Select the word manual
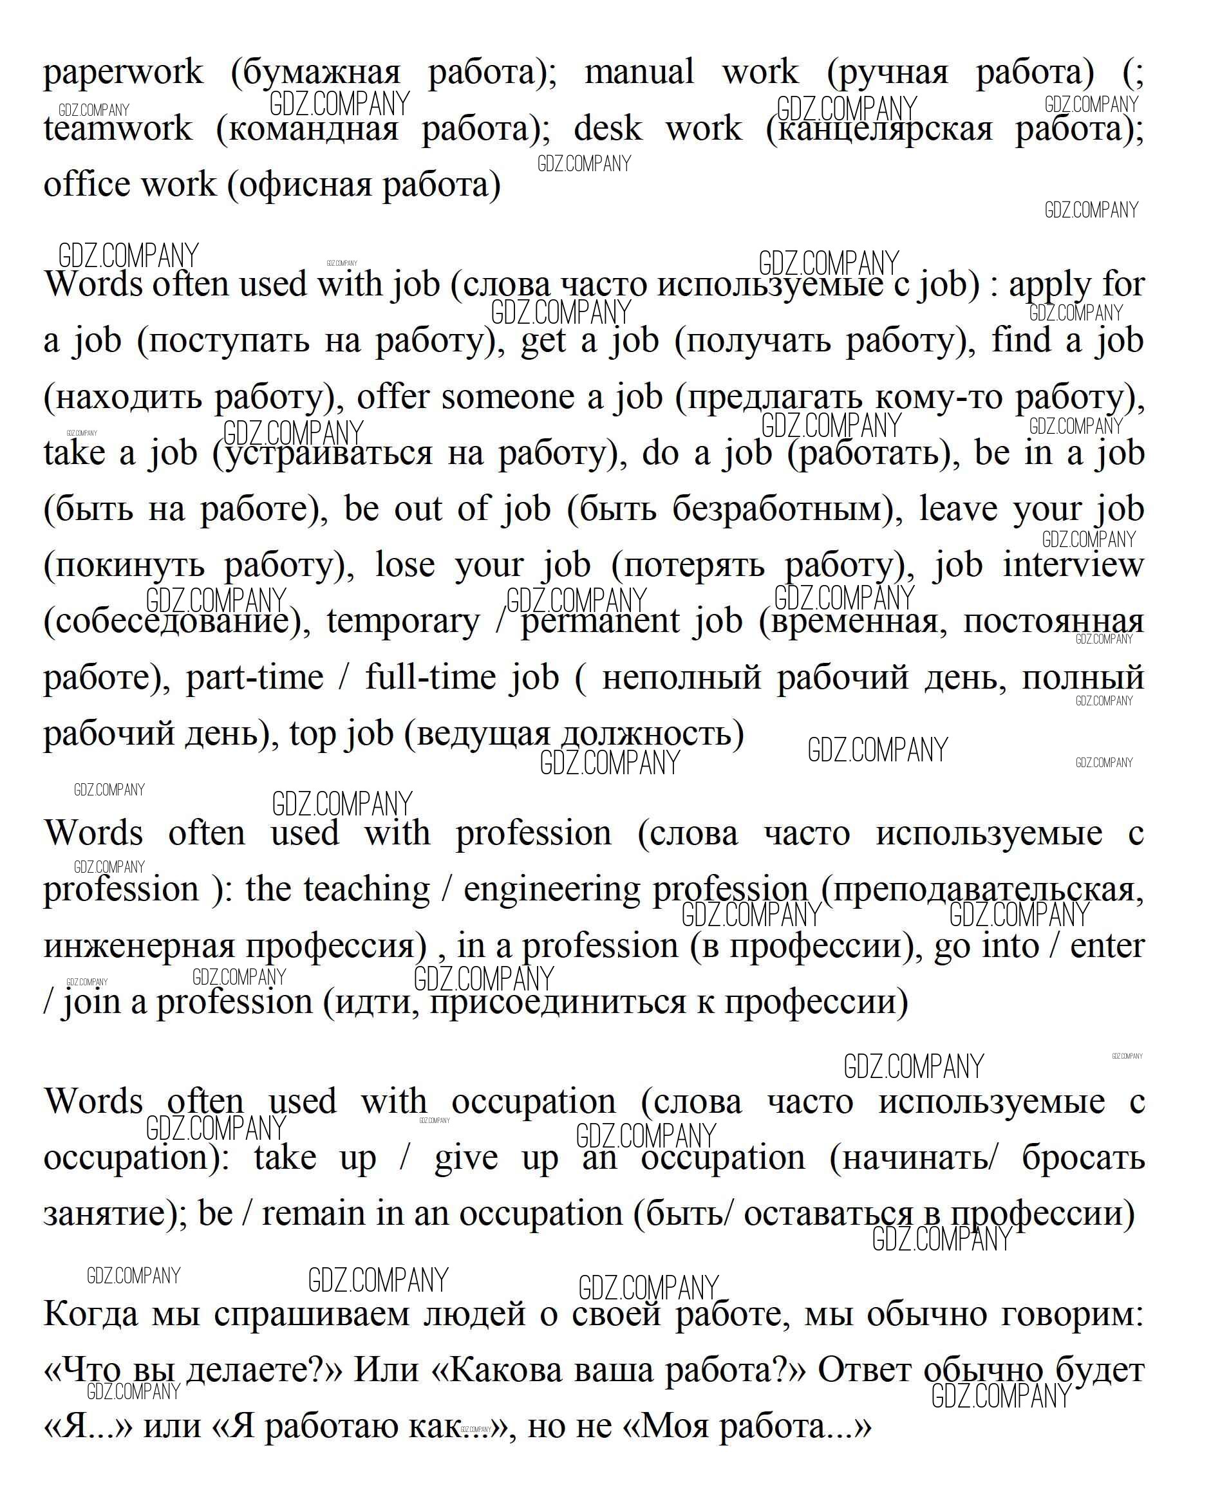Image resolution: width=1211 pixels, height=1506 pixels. pyautogui.click(x=639, y=72)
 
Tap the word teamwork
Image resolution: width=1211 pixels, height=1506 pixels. pyautogui.click(x=117, y=129)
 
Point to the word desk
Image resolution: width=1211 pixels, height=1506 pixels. pyautogui.click(x=607, y=129)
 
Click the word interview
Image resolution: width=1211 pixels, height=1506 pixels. pyautogui.click(x=1073, y=565)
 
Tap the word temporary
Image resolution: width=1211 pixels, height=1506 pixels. pyautogui.click(x=403, y=622)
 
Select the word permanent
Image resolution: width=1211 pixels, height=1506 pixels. pyautogui.click(x=600, y=622)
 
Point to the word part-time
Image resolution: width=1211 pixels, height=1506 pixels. pyautogui.click(x=254, y=678)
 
